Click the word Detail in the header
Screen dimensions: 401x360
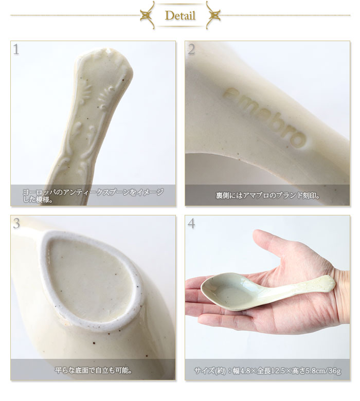180,16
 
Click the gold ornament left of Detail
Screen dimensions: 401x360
148,15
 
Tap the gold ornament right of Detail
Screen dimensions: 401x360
213,15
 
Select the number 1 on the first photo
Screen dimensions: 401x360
16,49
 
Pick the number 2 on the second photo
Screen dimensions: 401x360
191,49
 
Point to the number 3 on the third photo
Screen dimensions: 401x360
16,224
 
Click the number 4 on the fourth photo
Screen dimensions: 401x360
191,224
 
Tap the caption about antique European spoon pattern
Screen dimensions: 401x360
93,195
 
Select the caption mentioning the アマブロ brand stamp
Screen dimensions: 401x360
267,195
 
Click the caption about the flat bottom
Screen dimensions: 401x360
93,370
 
